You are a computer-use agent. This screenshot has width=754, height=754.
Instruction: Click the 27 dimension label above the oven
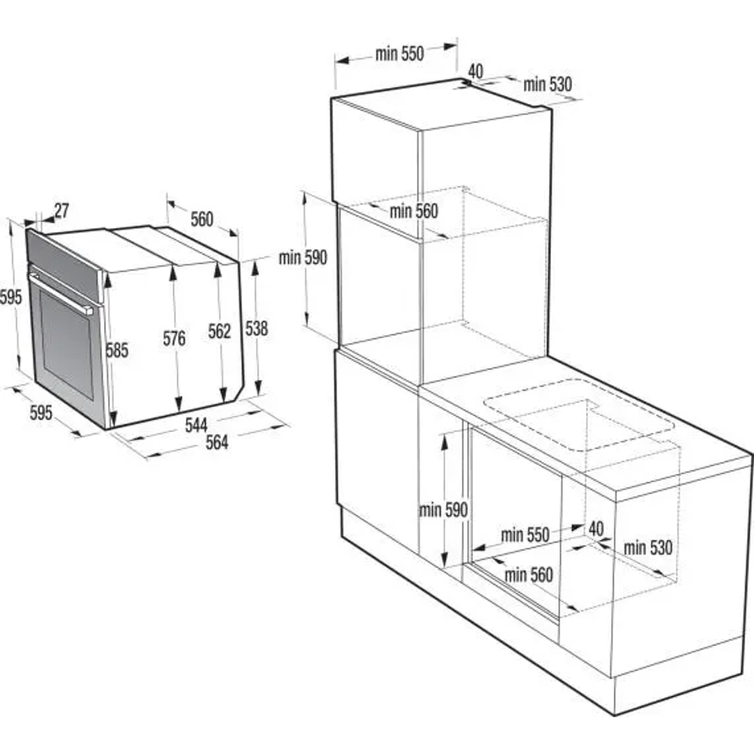[x=61, y=211]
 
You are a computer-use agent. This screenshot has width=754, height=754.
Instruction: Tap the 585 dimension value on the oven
[x=117, y=350]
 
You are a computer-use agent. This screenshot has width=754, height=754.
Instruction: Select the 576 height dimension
[x=174, y=339]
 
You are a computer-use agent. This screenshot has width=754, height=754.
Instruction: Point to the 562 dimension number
[x=220, y=330]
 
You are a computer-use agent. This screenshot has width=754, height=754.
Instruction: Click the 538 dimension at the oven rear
[x=257, y=329]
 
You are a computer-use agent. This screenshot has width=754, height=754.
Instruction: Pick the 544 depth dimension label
[x=196, y=424]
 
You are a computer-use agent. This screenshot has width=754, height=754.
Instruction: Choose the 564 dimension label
[x=217, y=442]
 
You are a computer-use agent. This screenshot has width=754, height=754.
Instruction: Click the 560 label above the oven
[x=202, y=219]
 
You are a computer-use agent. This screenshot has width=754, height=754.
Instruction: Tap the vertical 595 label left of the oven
[x=11, y=297]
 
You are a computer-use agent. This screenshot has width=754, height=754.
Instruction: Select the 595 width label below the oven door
[x=41, y=413]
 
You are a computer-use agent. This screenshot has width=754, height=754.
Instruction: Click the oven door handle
[x=60, y=294]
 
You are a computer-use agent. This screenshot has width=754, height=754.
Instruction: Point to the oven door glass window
[x=67, y=345]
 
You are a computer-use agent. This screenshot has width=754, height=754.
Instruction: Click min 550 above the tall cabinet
[x=399, y=54]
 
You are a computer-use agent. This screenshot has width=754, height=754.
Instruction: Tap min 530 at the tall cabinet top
[x=548, y=85]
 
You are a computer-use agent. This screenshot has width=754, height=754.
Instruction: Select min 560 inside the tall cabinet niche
[x=414, y=211]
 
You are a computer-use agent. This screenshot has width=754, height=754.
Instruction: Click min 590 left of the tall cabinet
[x=303, y=257]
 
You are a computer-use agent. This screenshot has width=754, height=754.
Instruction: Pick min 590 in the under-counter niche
[x=444, y=510]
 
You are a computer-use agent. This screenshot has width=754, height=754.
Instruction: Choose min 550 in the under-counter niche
[x=525, y=535]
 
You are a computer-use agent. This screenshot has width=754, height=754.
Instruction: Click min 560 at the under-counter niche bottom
[x=529, y=575]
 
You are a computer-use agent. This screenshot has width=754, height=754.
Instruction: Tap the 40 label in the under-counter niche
[x=596, y=529]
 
